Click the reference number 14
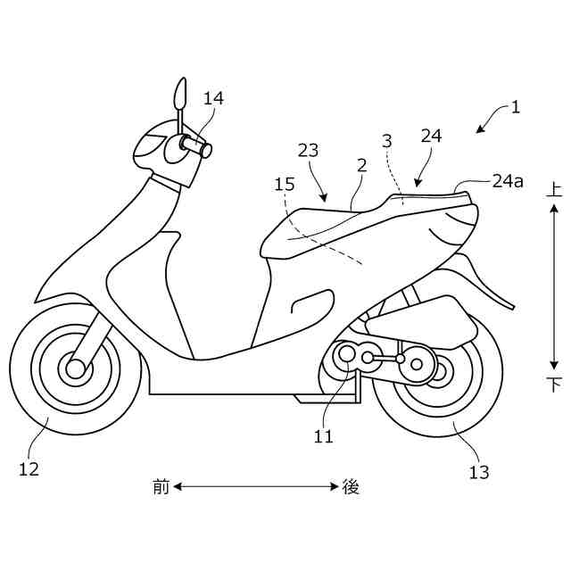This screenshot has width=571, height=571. (x=213, y=98)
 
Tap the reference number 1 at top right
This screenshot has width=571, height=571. (x=515, y=107)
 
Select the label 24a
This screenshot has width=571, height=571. (x=507, y=181)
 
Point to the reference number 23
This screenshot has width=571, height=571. (x=308, y=151)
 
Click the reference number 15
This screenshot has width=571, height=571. (x=284, y=184)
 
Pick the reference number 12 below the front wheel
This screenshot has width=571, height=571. (x=29, y=468)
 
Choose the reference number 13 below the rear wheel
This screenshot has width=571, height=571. (x=479, y=472)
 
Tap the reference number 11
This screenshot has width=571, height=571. (x=323, y=436)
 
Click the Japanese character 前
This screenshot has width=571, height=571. (x=161, y=486)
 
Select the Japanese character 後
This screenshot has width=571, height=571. (x=351, y=486)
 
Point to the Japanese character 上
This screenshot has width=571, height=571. (x=554, y=189)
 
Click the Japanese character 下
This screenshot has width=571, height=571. (x=554, y=385)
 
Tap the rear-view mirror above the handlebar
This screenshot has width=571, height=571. (x=181, y=92)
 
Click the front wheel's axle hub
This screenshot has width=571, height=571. (x=75, y=368)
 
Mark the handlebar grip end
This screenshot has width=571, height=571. (x=207, y=151)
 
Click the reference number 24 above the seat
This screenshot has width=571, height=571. (x=431, y=136)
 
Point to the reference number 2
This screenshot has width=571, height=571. (x=361, y=166)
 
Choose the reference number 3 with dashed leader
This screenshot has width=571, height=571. (x=386, y=141)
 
